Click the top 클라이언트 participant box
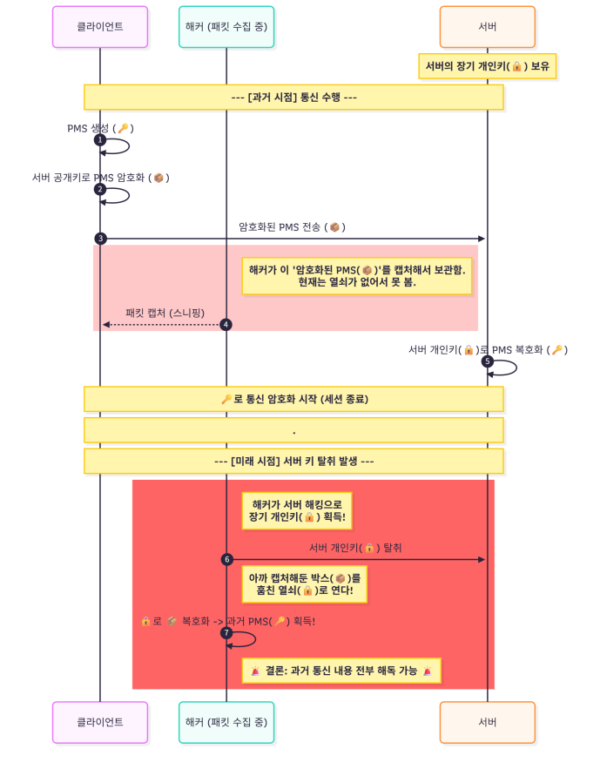coord(99,26)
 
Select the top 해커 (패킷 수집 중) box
coord(226,26)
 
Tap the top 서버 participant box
coord(487,26)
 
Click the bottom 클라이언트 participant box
coord(99,722)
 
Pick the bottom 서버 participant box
coord(487,722)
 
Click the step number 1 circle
coord(100,139)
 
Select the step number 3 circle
coord(100,238)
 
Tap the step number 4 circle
coord(226,325)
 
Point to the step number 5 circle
coord(488,361)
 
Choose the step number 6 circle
coord(226,559)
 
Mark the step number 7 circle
coord(226,632)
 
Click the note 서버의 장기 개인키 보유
coord(487,66)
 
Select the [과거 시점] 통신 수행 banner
coord(293,97)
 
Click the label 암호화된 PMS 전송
coord(293,227)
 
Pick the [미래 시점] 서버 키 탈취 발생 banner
coord(293,461)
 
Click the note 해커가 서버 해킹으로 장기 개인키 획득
coord(298,510)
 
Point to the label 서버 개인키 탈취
coord(355,548)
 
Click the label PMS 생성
coord(100,128)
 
